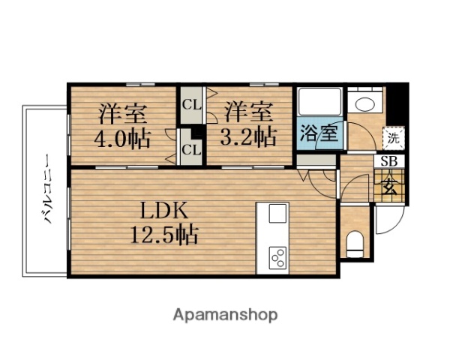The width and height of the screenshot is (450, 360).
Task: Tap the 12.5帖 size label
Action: point(160,235)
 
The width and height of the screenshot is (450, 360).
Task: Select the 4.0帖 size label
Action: point(120,138)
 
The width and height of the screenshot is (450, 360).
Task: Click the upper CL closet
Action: point(191,104)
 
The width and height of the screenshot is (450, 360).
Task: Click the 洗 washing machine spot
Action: point(393,137)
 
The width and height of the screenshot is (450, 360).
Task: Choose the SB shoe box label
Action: point(390,161)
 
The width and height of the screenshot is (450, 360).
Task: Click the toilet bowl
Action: point(356,242)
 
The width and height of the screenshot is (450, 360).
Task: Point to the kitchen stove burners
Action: point(277,257)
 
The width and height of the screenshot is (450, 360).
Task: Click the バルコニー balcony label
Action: point(46,191)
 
